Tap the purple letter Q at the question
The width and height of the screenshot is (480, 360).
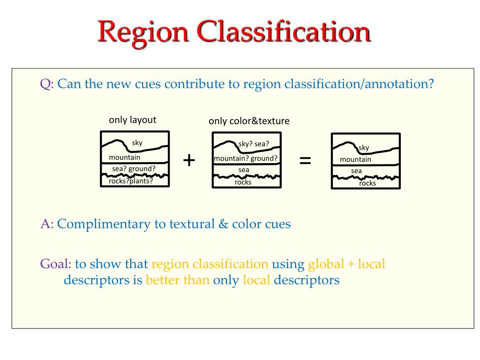[x=45, y=85]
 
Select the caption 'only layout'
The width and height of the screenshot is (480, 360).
[x=133, y=120]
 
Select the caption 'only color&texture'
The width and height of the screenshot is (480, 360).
[x=249, y=121]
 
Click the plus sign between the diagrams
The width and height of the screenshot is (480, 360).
[x=189, y=160]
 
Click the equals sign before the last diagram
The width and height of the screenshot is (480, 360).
[x=305, y=161]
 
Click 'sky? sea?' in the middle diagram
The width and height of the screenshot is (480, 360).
[x=254, y=144]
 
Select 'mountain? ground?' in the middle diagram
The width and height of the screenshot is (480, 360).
[x=246, y=158]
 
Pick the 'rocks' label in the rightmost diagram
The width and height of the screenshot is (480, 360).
[x=367, y=183]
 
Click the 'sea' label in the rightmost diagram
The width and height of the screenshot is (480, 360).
[x=357, y=171]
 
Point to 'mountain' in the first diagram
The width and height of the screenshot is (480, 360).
[x=124, y=157]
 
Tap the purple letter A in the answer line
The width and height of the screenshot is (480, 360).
[x=45, y=224]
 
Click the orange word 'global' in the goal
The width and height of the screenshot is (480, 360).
[x=325, y=264]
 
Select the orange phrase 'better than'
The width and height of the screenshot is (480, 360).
[x=177, y=280]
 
